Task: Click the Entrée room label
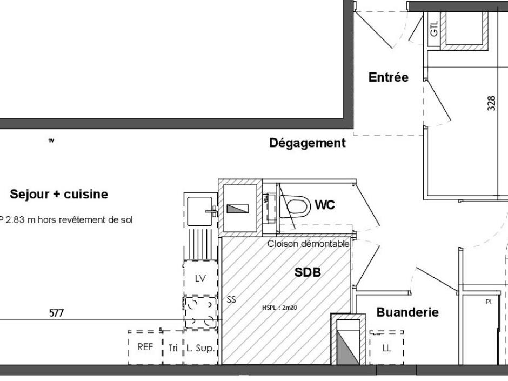click(x=388, y=77)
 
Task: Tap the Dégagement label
click(x=307, y=143)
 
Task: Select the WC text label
click(x=325, y=205)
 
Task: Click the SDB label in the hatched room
click(x=308, y=272)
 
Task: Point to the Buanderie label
click(x=407, y=312)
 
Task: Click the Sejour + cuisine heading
click(x=59, y=194)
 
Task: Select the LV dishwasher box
click(x=200, y=278)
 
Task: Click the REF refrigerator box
click(x=145, y=347)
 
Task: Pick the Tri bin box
click(x=173, y=348)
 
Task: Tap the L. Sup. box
click(x=202, y=348)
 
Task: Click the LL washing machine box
click(x=386, y=347)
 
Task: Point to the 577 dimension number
click(x=56, y=312)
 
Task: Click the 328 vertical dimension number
click(x=491, y=103)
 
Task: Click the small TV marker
click(x=51, y=141)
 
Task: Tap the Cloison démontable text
click(x=308, y=244)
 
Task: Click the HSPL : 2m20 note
click(x=279, y=308)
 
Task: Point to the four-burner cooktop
click(x=201, y=312)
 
